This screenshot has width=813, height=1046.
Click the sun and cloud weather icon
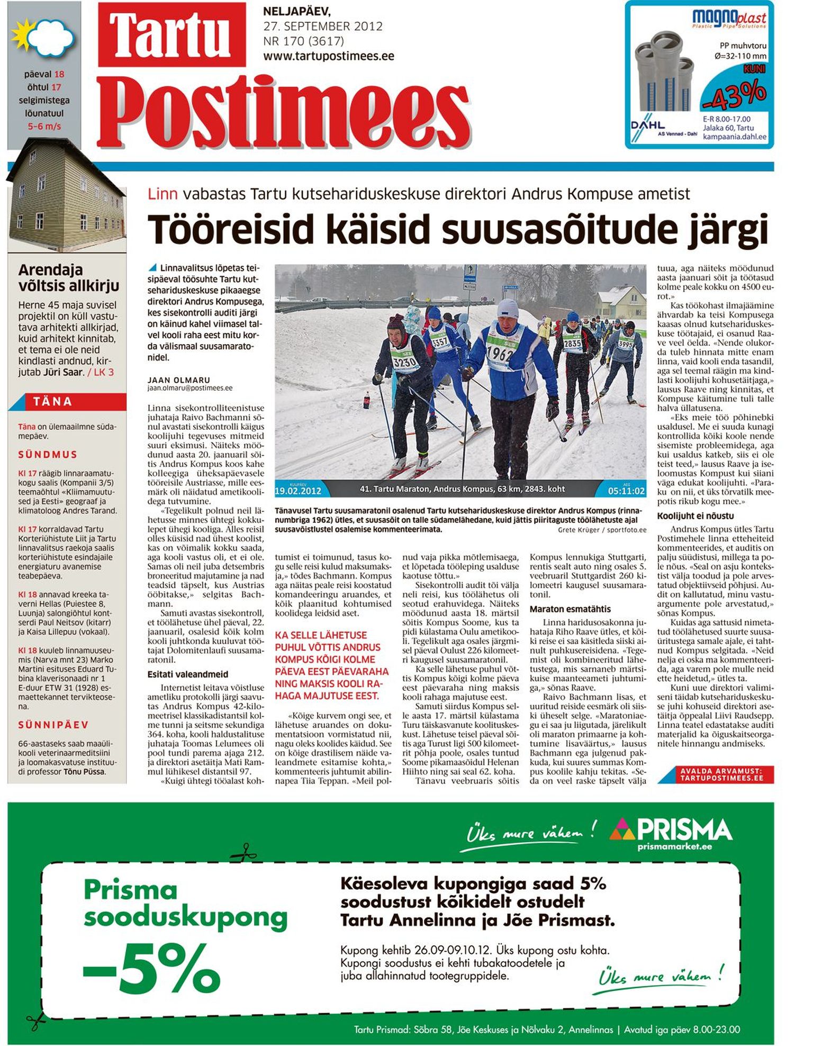[x=43, y=38]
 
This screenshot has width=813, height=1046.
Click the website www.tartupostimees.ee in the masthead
[x=328, y=56]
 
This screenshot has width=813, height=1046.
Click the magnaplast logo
[x=729, y=19]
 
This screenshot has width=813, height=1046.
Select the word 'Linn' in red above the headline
[x=162, y=194]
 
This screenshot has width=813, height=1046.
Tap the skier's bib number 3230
[x=405, y=362]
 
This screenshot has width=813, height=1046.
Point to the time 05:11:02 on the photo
[x=626, y=491]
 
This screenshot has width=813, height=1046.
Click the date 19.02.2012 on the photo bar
[x=298, y=491]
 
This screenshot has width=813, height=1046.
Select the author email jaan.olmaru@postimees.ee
[x=190, y=388]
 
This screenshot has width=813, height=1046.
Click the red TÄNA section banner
[x=68, y=402]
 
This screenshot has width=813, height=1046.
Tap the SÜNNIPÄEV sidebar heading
[x=53, y=725]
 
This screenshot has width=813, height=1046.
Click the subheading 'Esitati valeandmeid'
[x=188, y=674]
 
